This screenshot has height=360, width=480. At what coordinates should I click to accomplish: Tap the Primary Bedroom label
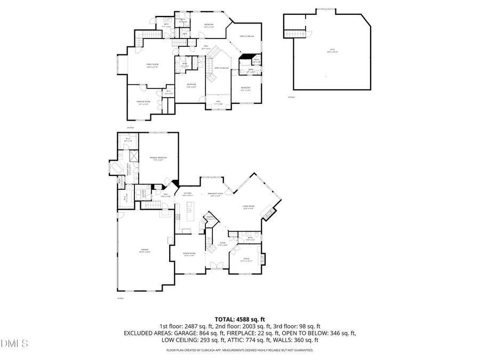pyautogui.click(x=158, y=158)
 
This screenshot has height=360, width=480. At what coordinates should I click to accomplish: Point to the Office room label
pyautogui.click(x=246, y=259)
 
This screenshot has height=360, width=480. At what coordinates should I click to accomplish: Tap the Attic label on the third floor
pyautogui.click(x=332, y=52)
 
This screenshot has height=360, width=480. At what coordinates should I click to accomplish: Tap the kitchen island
pyautogui.click(x=189, y=209)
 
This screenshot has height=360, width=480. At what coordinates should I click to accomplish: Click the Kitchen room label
pyautogui.click(x=188, y=194)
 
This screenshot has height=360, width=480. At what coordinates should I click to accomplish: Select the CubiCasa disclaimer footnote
pyautogui.click(x=239, y=350)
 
